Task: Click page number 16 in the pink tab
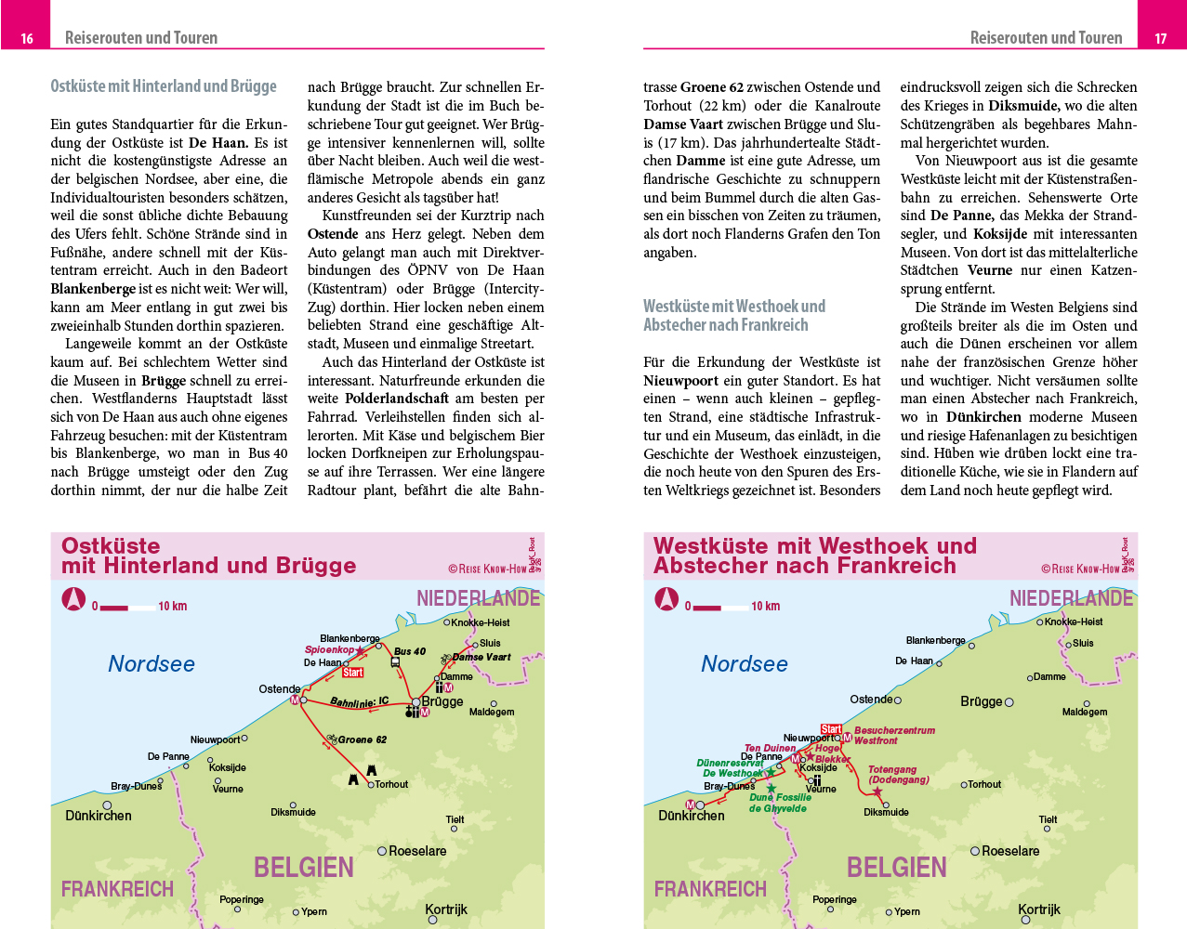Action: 27,39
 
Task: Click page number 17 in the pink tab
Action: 1160,39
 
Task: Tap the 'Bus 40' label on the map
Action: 409,651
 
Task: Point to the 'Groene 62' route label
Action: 362,739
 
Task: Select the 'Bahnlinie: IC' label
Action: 359,702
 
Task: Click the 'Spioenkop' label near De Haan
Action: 329,650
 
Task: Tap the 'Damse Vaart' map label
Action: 481,657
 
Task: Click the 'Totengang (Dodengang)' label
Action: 898,775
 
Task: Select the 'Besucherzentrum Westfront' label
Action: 894,736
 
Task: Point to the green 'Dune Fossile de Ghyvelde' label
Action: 779,803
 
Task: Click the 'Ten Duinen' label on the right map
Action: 770,748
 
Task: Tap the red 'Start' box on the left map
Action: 353,673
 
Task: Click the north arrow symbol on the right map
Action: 666,599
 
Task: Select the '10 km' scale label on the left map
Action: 173,607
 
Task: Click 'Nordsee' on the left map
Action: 152,663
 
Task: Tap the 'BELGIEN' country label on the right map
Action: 896,868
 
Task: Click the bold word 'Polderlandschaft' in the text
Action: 397,399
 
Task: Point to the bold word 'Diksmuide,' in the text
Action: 1023,106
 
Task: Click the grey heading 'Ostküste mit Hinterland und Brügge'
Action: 164,86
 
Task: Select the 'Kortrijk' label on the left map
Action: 446,909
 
